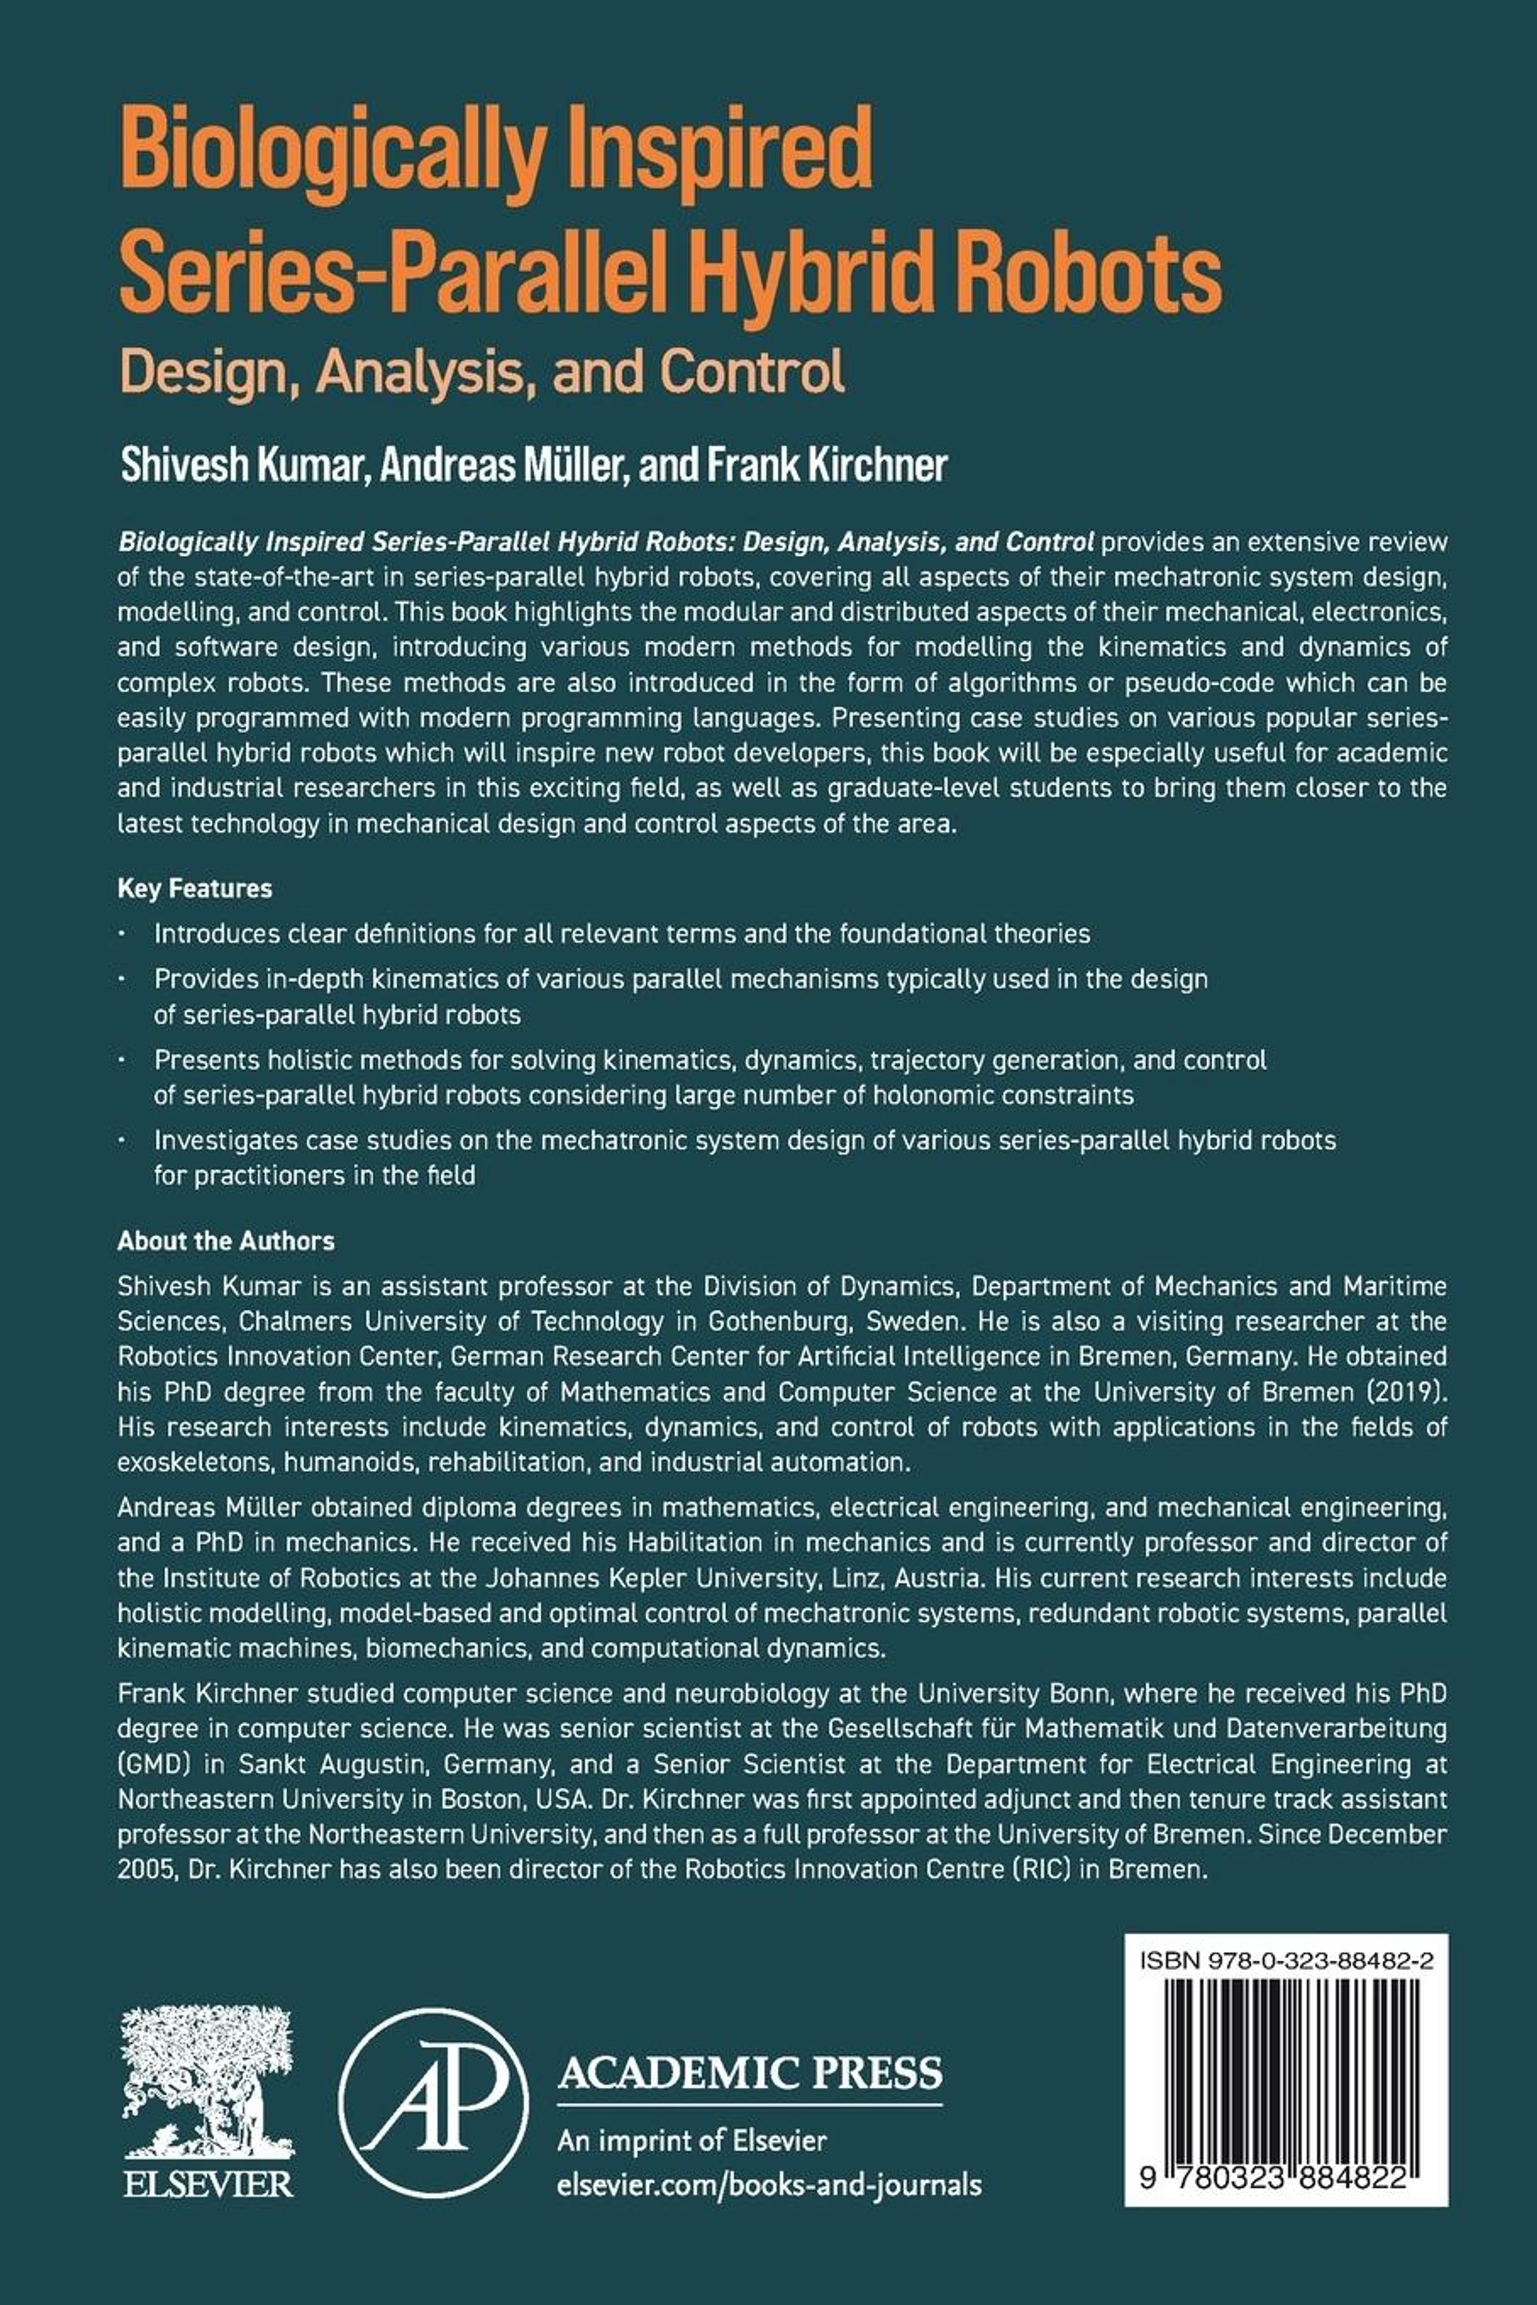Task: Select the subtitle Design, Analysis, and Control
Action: click(482, 371)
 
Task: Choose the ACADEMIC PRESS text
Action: click(750, 2073)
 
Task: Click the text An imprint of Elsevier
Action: click(691, 2141)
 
